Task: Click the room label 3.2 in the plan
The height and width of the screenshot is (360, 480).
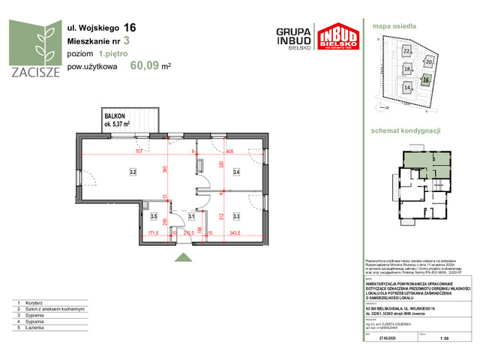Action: pos(132,172)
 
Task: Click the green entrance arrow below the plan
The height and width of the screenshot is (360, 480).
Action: pos(181,258)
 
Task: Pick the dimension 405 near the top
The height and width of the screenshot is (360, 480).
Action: pos(229,151)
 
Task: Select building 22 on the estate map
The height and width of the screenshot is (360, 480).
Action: pos(406,51)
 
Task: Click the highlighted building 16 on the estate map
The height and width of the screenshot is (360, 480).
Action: pos(425,79)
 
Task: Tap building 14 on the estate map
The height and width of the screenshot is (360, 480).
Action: pos(406,87)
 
